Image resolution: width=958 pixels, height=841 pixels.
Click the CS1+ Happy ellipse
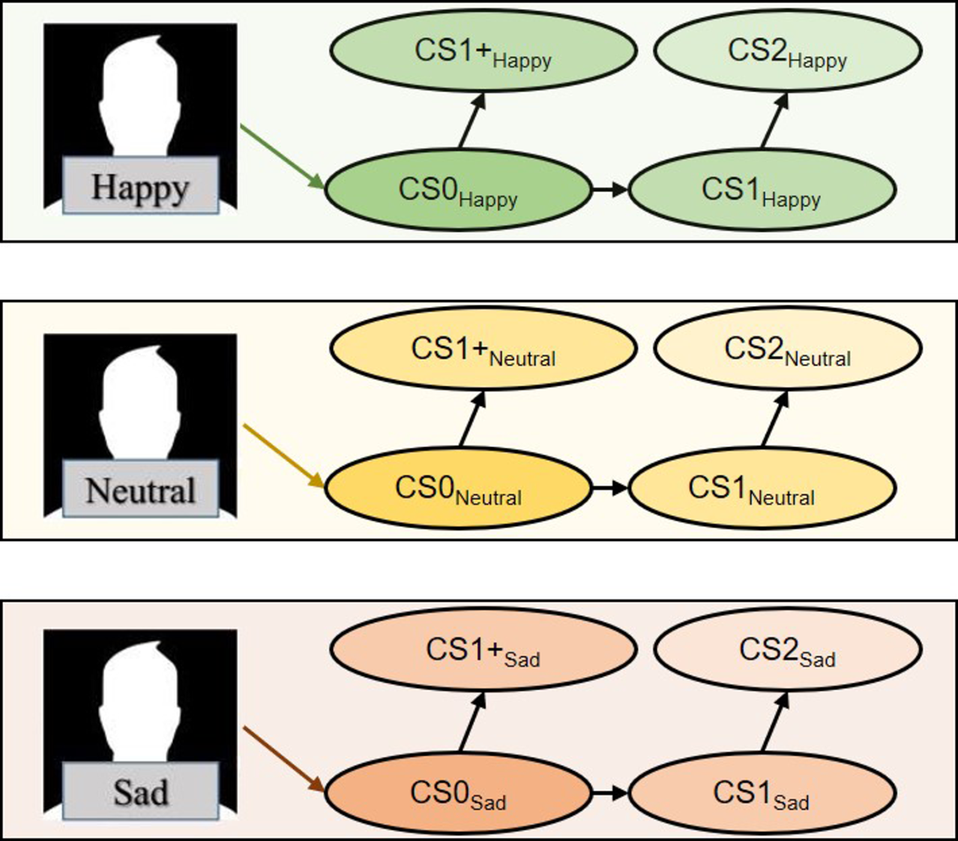click(483, 51)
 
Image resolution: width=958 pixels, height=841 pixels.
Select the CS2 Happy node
click(788, 51)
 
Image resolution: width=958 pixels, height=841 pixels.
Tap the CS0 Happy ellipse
click(459, 190)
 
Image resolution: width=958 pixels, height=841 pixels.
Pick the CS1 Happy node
click(762, 190)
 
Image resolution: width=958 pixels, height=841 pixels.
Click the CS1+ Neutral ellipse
click(483, 349)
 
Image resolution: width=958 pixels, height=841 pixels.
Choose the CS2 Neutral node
click(788, 349)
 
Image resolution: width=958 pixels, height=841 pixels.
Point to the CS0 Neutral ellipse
click(459, 488)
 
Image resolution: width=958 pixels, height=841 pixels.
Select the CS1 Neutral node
click(762, 488)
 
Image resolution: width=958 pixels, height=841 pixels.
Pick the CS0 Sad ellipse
click(459, 793)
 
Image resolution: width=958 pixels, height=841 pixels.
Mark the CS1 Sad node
click(762, 793)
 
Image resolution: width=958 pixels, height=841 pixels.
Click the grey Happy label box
click(140, 186)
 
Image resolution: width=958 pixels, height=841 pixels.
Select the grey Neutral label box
click(140, 489)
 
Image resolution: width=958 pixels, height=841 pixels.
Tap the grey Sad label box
click(140, 791)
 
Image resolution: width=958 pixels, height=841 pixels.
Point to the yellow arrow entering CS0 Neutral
click(283, 455)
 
